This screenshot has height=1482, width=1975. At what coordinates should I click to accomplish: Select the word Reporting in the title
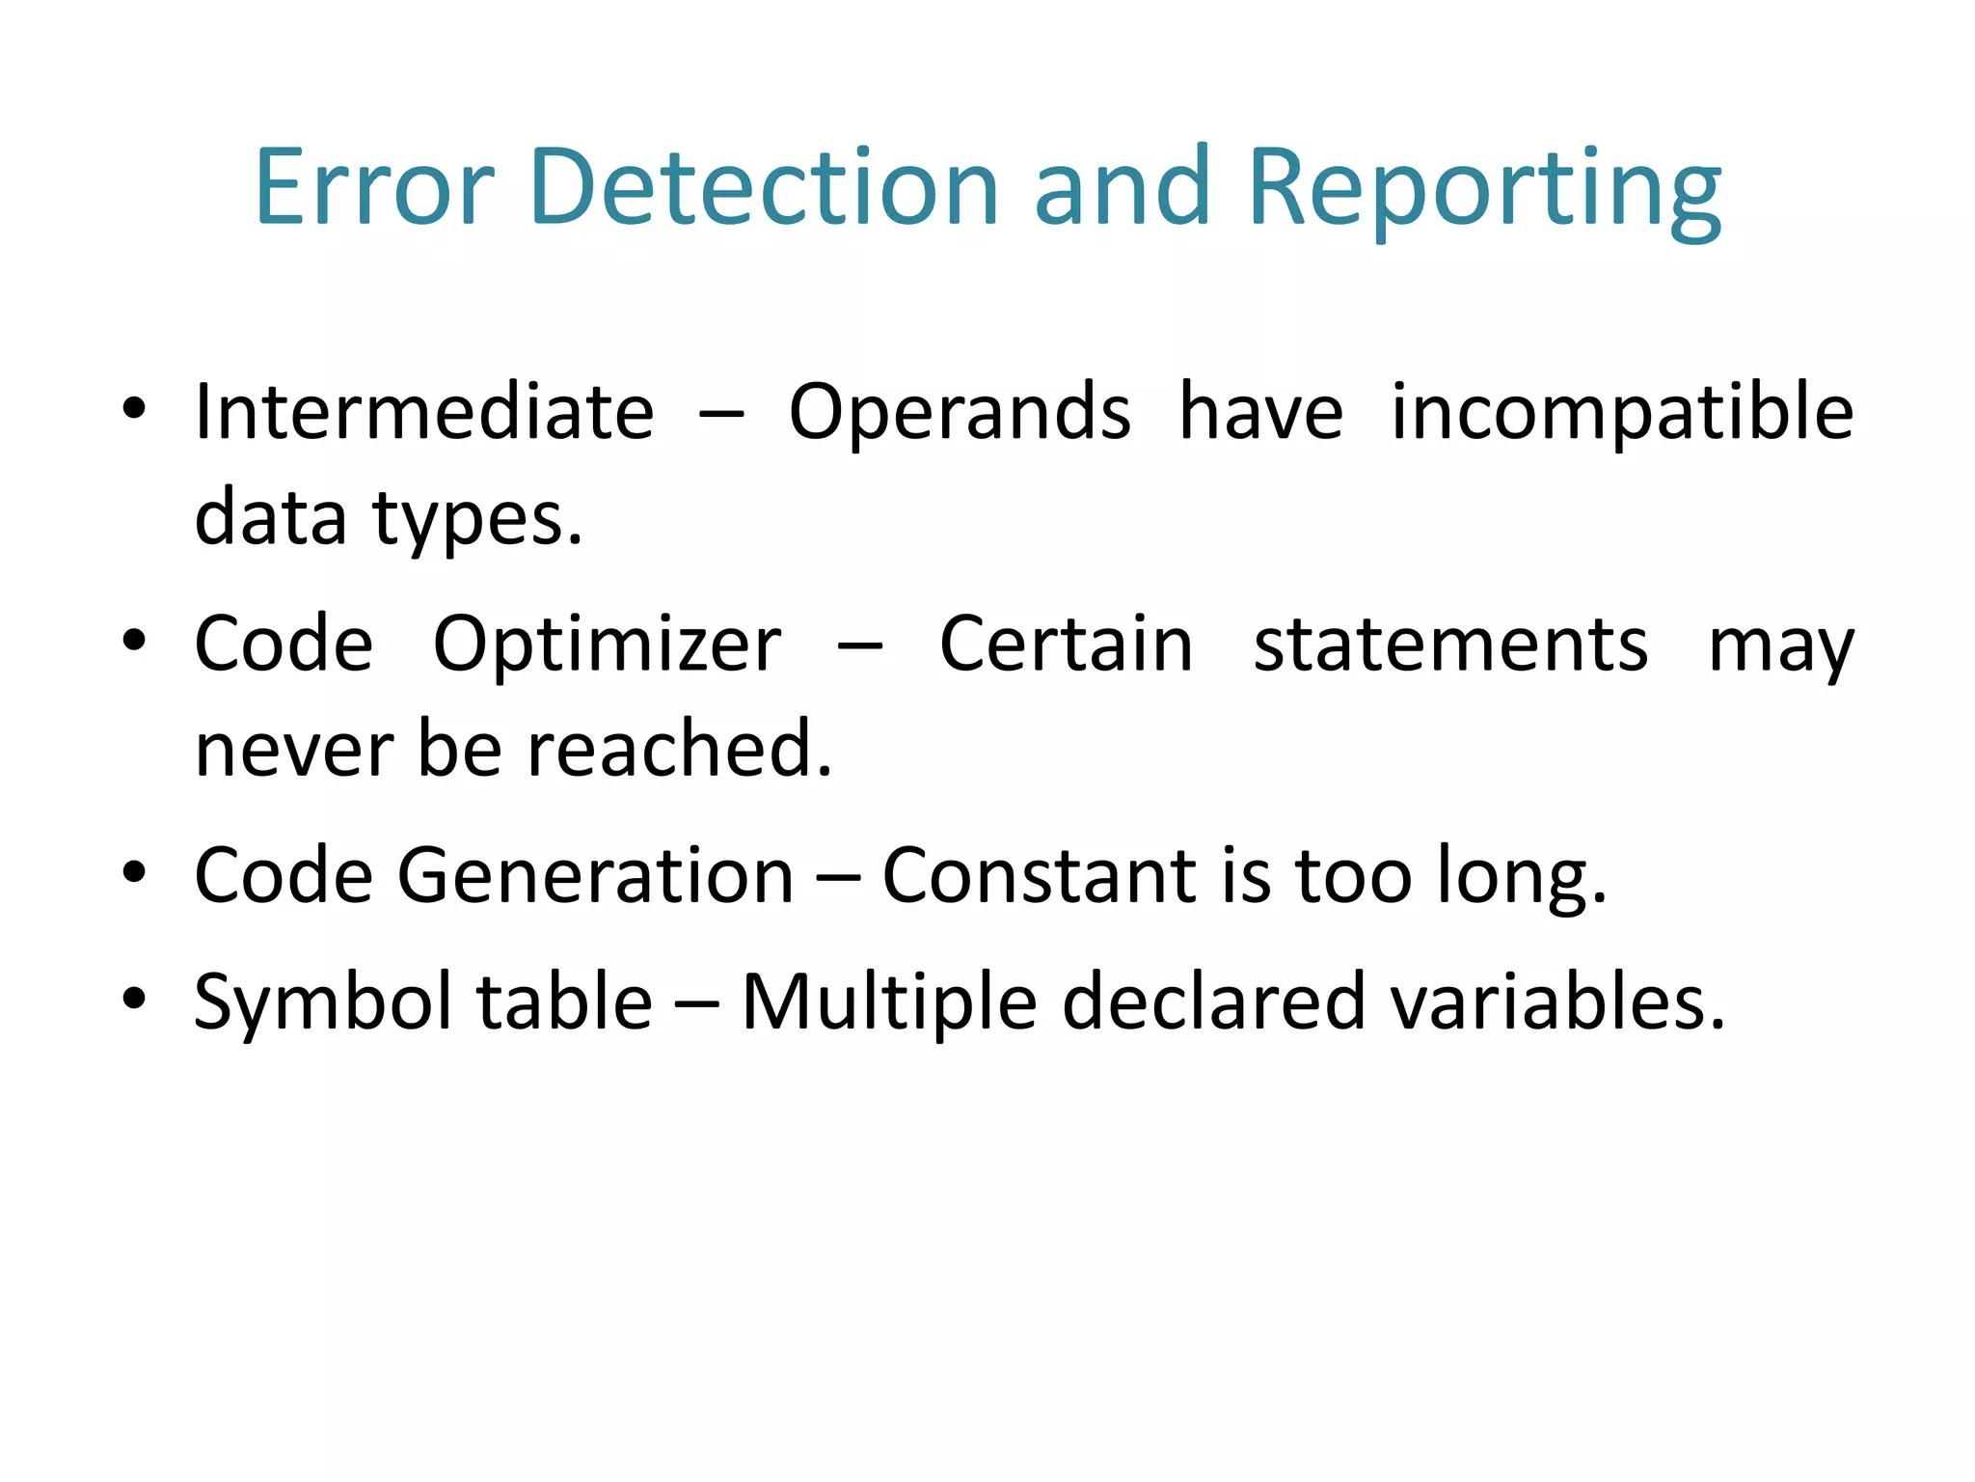click(x=1484, y=188)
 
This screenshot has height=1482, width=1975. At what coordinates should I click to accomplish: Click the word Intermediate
click(x=424, y=412)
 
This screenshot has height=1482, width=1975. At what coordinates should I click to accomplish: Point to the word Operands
click(x=960, y=414)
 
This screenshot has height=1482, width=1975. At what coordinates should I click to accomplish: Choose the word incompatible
click(x=1622, y=414)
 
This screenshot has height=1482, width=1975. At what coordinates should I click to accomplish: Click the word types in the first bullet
click(x=477, y=520)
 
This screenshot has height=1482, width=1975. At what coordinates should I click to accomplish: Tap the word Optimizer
click(x=607, y=645)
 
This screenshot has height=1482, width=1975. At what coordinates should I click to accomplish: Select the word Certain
click(x=1066, y=645)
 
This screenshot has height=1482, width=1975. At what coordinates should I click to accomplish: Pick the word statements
click(x=1450, y=645)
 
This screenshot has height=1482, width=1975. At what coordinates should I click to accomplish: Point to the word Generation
click(x=595, y=875)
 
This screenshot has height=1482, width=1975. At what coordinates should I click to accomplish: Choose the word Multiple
click(x=888, y=1002)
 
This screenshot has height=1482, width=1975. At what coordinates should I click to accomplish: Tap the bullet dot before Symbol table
click(x=134, y=998)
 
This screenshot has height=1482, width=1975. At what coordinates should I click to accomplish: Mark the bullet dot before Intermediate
click(x=134, y=407)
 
